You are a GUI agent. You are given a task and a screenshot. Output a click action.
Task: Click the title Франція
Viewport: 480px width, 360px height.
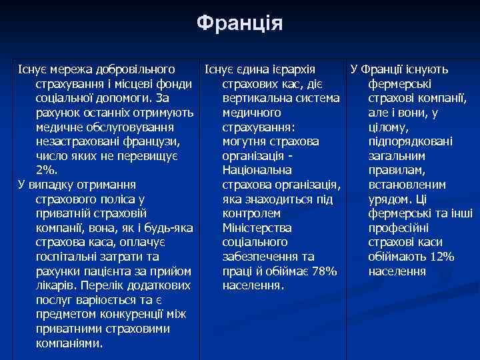tap(240, 24)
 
